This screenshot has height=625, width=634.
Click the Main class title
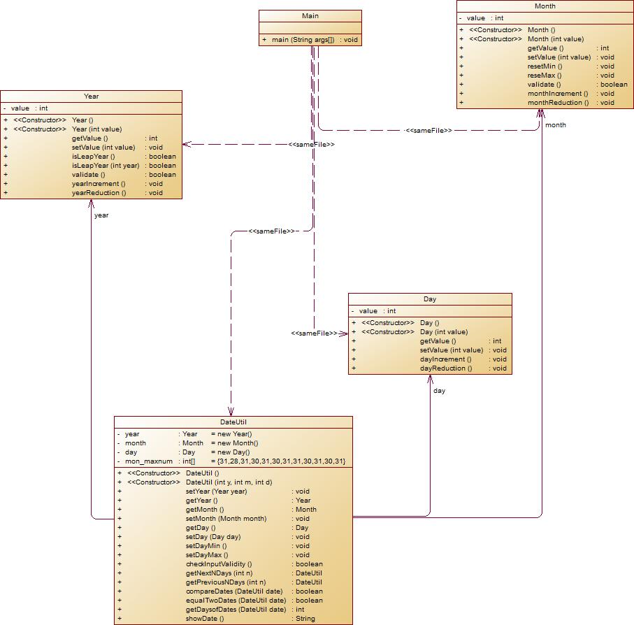point(310,15)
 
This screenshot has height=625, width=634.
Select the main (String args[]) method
point(303,40)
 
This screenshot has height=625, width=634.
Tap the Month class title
point(545,6)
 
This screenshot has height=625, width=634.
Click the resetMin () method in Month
point(545,66)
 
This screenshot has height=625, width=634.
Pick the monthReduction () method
point(558,103)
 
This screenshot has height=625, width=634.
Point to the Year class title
point(91,96)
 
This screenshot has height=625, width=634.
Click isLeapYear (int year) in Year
point(106,166)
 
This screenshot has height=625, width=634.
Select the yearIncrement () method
point(99,184)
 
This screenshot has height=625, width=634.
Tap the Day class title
point(430,299)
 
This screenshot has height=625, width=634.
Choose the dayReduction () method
point(446,368)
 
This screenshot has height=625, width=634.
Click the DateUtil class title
point(233,422)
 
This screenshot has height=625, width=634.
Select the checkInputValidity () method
point(219,564)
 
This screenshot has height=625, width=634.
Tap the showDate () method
point(205,619)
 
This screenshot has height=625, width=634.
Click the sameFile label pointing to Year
point(312,145)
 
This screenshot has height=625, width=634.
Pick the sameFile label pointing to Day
point(315,334)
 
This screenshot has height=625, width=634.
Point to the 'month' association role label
point(556,125)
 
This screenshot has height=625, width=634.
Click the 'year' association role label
point(101,215)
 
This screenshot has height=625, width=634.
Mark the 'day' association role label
point(439,391)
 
